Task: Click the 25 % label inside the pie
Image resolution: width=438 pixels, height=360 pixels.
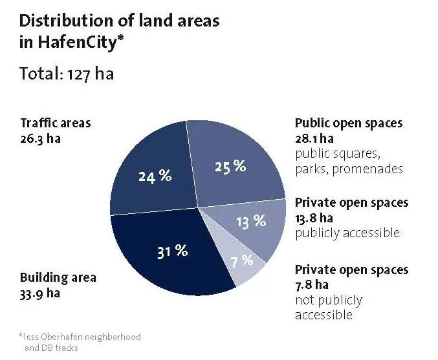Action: point(230,167)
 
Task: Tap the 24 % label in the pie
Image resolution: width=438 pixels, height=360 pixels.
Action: point(155,175)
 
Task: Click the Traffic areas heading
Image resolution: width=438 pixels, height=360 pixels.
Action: point(56,123)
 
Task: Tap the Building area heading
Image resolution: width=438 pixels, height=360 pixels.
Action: point(58,278)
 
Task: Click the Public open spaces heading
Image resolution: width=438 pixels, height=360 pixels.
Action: point(348,123)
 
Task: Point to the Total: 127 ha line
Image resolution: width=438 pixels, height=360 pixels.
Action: point(67,73)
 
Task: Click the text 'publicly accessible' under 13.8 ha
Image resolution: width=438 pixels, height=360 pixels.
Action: point(347,233)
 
